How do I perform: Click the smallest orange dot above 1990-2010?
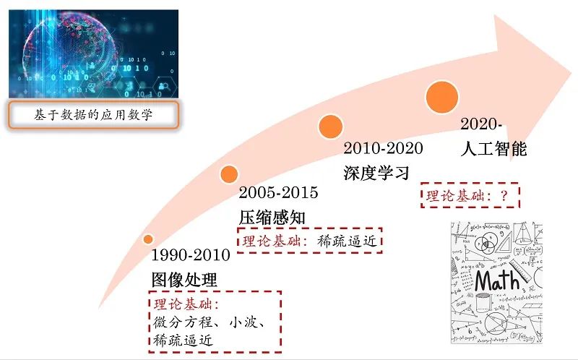148,239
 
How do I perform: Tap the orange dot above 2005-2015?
229,174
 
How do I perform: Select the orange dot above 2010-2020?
331,127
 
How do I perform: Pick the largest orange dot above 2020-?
442,97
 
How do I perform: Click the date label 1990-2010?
191,255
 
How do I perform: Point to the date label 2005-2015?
278,192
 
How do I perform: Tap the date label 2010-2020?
383,148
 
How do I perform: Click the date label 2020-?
481,124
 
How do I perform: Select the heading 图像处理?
184,280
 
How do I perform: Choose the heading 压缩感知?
272,218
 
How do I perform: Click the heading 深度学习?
376,173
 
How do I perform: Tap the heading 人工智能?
493,149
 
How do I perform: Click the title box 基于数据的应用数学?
94,115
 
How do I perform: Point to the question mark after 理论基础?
504,195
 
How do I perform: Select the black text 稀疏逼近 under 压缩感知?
347,241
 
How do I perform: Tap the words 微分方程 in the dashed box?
183,322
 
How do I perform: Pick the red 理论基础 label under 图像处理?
184,304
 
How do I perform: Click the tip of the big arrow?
571,73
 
